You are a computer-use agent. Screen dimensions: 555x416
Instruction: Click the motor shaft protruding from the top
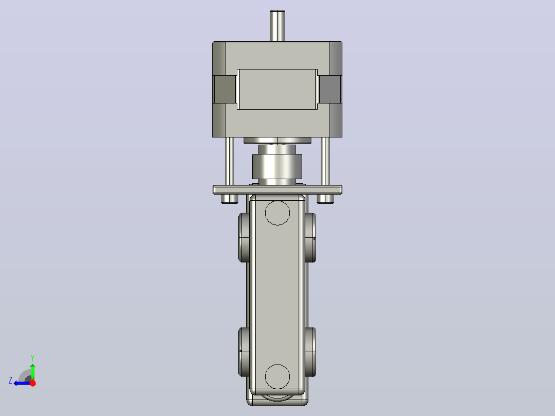pos(277,26)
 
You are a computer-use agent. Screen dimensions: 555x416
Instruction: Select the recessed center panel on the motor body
pos(277,89)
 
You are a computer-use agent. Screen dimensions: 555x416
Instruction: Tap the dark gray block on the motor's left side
pos(225,89)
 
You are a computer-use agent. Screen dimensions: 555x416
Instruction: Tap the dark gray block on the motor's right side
pos(330,89)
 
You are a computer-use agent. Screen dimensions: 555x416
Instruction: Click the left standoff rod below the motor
pos(230,161)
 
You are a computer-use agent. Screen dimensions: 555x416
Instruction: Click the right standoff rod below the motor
pos(325,161)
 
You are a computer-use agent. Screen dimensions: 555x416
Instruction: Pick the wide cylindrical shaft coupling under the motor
pos(277,166)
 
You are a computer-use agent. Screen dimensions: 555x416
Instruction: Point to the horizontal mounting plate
pos(277,189)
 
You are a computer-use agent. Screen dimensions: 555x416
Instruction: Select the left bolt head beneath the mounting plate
pos(230,199)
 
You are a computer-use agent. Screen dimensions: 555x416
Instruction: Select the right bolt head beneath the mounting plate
pos(325,199)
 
